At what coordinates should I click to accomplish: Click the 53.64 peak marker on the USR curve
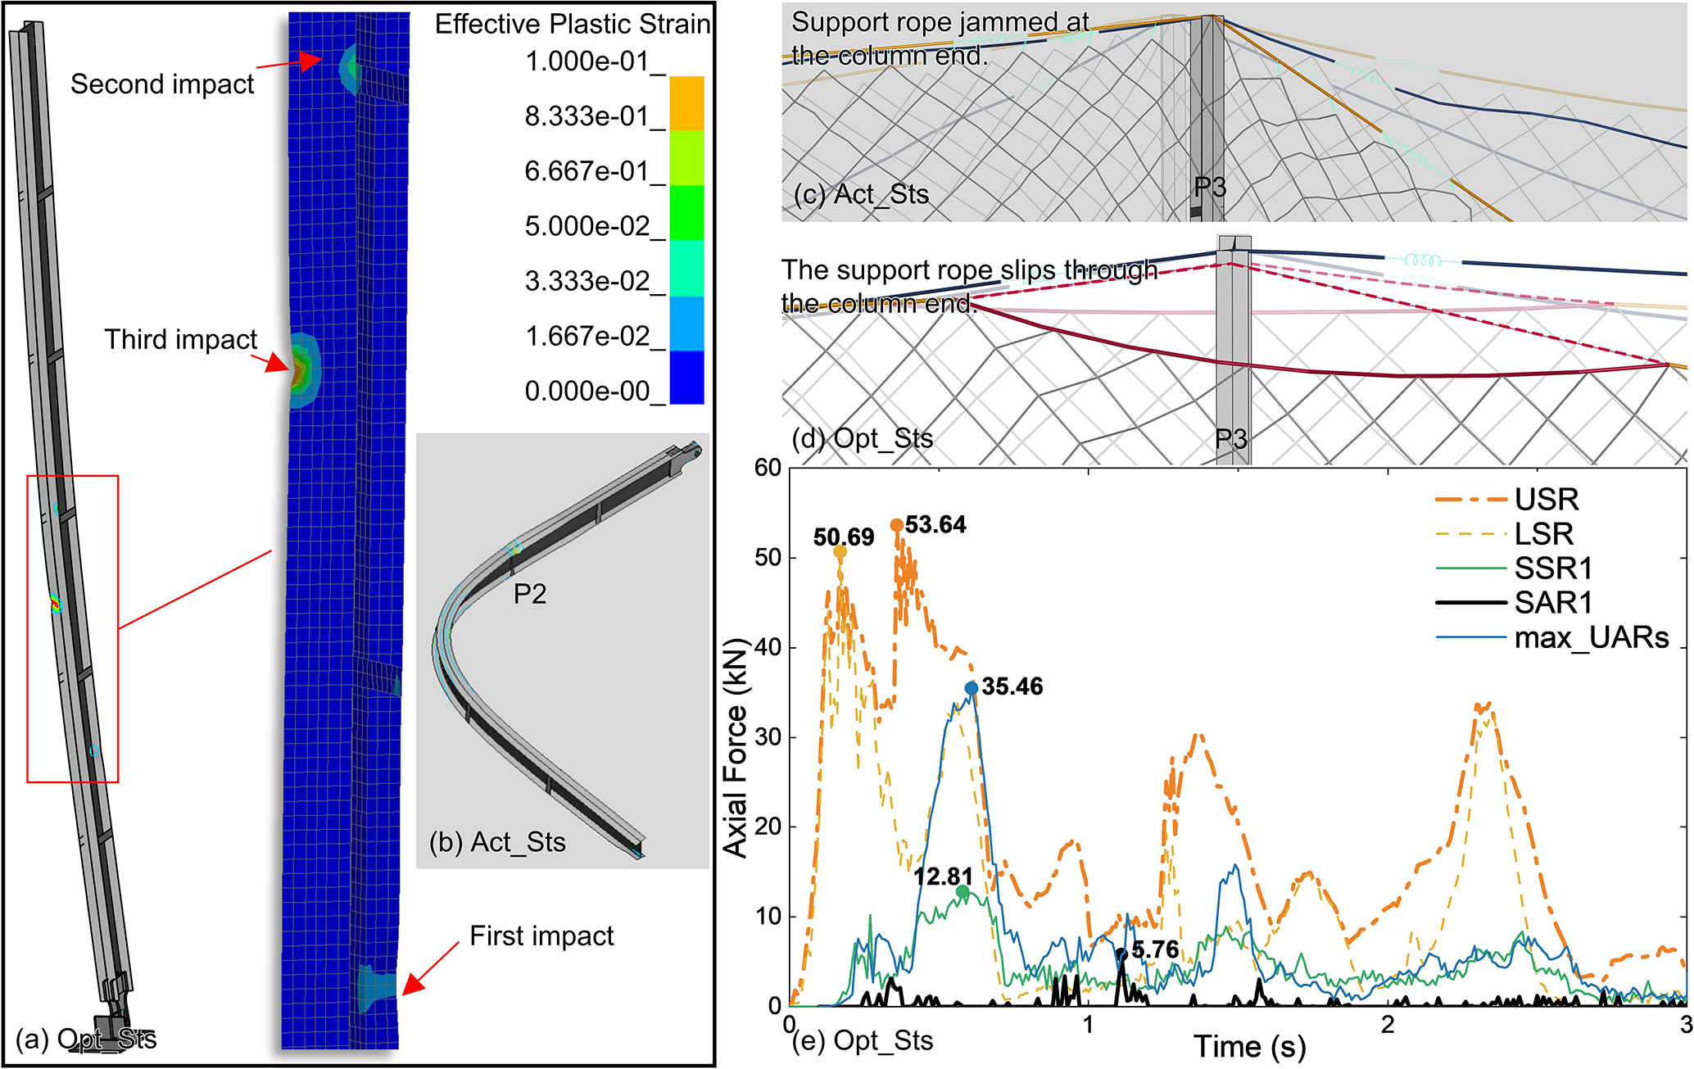tap(897, 525)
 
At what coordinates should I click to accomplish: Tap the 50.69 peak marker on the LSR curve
tap(840, 552)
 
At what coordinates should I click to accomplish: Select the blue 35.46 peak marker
tap(972, 688)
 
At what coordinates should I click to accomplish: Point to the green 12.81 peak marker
tap(962, 891)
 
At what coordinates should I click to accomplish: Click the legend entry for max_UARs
tap(1591, 637)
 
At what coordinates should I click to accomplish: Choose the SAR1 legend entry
tap(1553, 603)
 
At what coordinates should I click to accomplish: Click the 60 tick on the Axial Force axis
tap(768, 468)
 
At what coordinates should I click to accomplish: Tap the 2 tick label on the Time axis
tap(1387, 1025)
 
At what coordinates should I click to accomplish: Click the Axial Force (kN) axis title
tap(736, 747)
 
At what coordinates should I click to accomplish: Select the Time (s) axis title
tap(1249, 1047)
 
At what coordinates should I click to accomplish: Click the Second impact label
tap(162, 84)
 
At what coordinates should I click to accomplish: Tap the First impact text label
tap(541, 936)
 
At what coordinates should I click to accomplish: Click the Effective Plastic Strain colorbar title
tap(572, 25)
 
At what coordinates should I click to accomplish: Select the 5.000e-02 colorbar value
tap(587, 227)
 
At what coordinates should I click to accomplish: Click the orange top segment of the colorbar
tap(686, 103)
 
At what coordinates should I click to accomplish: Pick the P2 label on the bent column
tap(530, 594)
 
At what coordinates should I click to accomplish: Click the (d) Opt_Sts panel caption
tap(863, 439)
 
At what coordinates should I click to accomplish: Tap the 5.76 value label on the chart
tap(1155, 950)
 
